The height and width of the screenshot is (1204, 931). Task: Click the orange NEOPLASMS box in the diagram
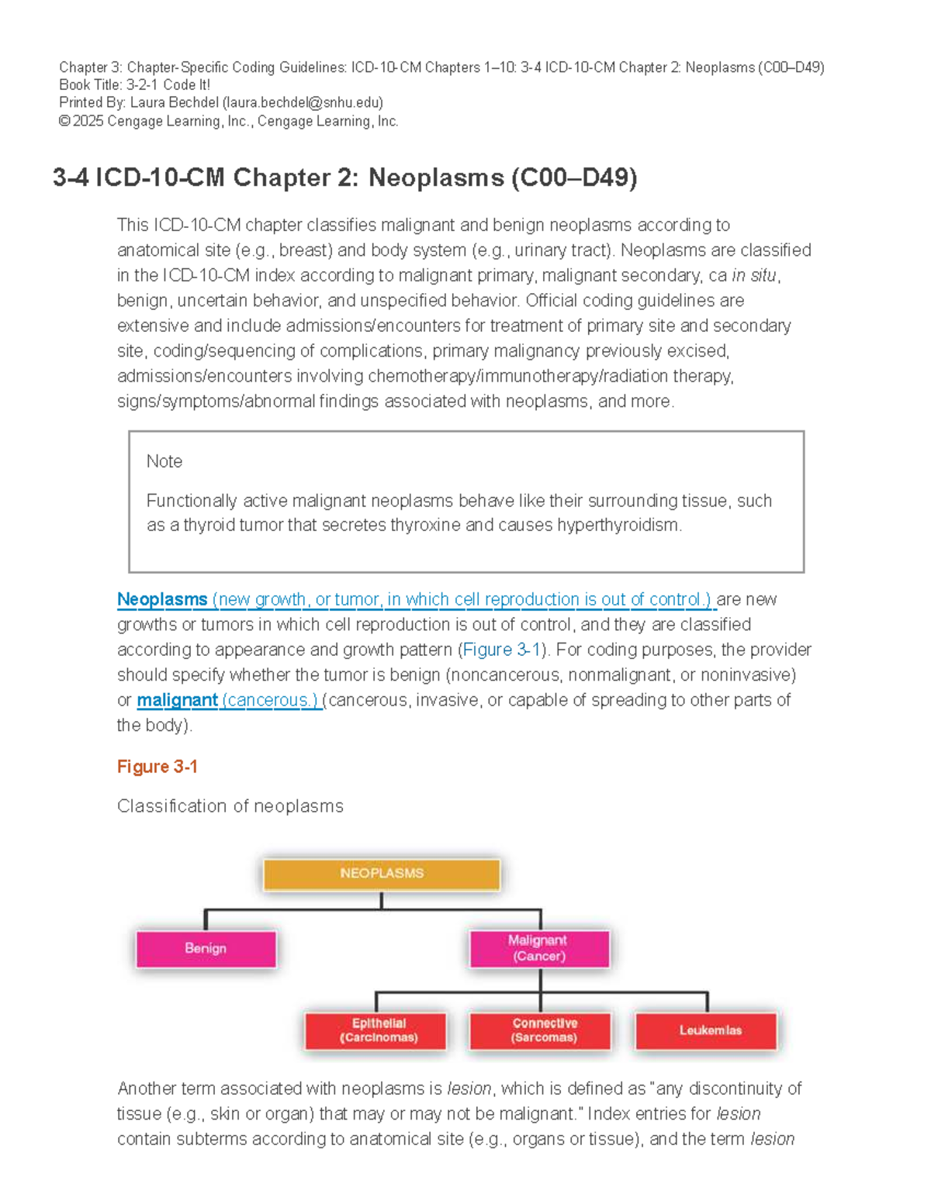pyautogui.click(x=382, y=874)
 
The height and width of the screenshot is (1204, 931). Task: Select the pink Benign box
pyautogui.click(x=206, y=949)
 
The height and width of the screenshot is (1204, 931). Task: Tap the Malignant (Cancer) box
pyautogui.click(x=538, y=948)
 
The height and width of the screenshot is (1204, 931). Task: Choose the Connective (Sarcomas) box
pyautogui.click(x=544, y=1030)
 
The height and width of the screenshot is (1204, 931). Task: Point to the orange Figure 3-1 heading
pyautogui.click(x=157, y=767)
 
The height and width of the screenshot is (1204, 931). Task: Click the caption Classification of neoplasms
pyautogui.click(x=230, y=806)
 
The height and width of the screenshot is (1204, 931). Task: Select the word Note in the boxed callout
pyautogui.click(x=164, y=461)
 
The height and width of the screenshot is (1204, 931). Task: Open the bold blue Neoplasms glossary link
pyautogui.click(x=162, y=599)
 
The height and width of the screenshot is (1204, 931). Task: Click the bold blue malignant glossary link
pyautogui.click(x=177, y=700)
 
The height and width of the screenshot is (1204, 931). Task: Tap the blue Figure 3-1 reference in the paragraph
pyautogui.click(x=501, y=650)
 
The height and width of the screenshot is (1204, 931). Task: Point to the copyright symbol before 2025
pyautogui.click(x=64, y=121)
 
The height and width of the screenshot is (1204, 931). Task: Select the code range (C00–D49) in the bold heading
pyautogui.click(x=574, y=178)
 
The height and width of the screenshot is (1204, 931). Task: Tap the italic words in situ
pyautogui.click(x=754, y=275)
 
